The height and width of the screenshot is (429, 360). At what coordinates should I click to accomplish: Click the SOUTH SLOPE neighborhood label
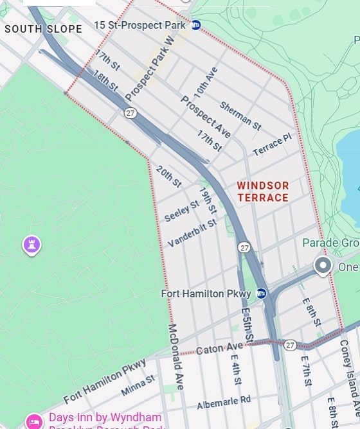point(44,29)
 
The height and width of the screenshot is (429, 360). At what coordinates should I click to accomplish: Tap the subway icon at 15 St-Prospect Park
point(196,25)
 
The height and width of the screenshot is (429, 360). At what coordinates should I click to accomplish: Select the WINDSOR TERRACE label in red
point(263,191)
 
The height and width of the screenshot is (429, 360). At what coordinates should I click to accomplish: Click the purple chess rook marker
point(32,244)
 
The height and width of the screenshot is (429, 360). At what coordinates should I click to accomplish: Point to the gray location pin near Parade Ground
point(323,265)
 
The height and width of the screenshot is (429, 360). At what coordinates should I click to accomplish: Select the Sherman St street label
point(240,115)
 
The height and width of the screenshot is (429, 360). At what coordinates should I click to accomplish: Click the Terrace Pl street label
point(272,145)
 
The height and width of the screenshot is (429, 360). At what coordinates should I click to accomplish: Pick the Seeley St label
point(181,210)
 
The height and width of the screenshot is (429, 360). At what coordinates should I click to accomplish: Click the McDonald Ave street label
point(175,356)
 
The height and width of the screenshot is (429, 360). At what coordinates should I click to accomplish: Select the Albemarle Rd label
point(224,401)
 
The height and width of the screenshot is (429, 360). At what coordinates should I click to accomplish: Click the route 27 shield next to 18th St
point(130,113)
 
